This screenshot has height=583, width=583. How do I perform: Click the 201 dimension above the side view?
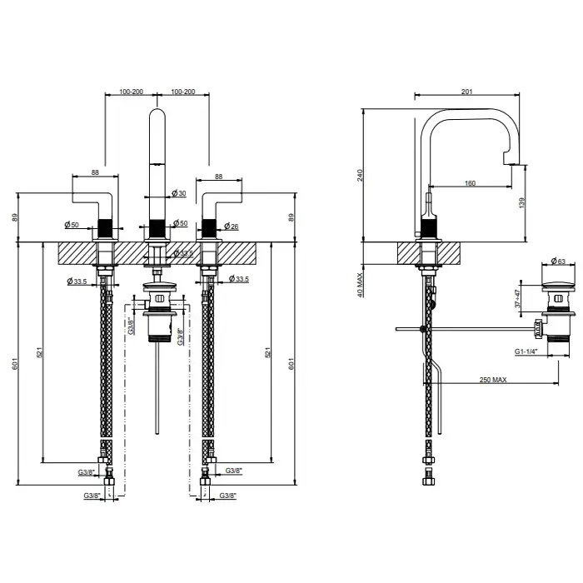click(466, 92)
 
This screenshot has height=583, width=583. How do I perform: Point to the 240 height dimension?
click(360, 176)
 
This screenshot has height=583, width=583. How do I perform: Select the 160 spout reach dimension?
click(470, 183)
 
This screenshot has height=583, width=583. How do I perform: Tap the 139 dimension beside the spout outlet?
click(522, 202)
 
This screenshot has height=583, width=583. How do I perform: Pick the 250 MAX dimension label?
click(493, 380)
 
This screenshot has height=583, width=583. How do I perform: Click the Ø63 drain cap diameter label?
click(558, 261)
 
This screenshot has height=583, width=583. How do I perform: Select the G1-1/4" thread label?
click(526, 351)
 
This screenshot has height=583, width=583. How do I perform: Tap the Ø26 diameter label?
click(232, 226)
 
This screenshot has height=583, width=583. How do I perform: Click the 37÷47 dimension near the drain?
click(517, 298)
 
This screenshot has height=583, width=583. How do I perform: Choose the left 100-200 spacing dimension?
click(131, 92)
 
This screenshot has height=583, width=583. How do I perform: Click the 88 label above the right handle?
click(218, 177)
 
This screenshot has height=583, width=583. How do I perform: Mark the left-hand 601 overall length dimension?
click(15, 364)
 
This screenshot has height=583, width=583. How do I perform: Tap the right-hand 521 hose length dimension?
click(267, 352)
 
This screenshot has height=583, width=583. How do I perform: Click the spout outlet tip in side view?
click(511, 162)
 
